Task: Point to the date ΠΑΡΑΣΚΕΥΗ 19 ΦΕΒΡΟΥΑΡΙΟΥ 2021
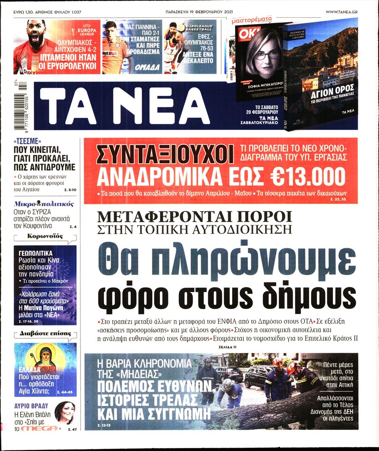[199, 12]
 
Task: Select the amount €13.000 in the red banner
[303, 177]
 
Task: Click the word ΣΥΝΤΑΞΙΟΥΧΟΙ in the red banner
[165, 154]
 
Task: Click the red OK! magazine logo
[245, 33]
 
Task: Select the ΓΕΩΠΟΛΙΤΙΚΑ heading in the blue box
[36, 253]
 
